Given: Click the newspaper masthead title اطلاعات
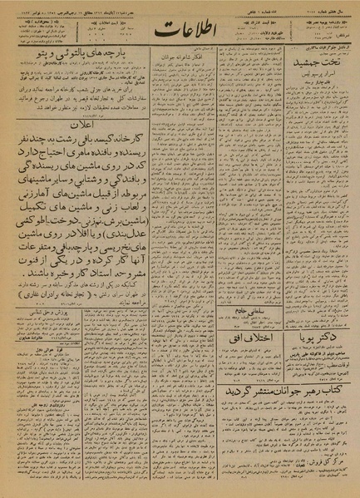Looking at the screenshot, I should click(180, 36).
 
